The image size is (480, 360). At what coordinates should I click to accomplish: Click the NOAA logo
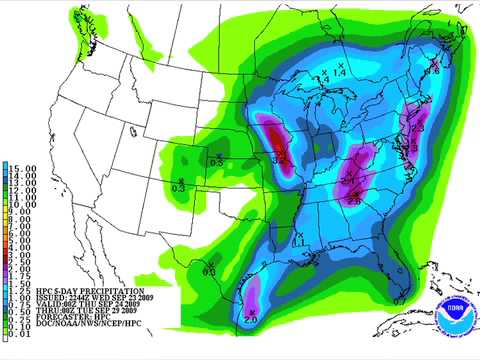[455, 309]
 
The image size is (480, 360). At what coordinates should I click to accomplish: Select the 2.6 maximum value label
[352, 201]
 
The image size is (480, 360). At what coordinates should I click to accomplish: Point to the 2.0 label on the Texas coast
[250, 319]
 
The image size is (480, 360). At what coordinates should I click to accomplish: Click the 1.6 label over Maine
[434, 71]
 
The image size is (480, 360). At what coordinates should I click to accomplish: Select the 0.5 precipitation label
[216, 160]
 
